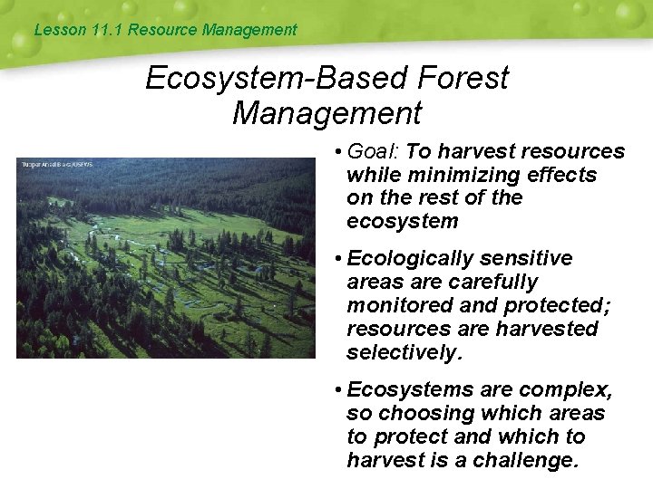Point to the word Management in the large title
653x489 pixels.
pyautogui.click(x=326, y=114)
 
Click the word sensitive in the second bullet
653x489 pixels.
pyautogui.click(x=514, y=259)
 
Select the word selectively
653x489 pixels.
pyautogui.click(x=404, y=352)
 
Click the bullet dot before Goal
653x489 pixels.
pyautogui.click(x=336, y=152)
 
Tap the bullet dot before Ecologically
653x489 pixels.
pyautogui.click(x=336, y=259)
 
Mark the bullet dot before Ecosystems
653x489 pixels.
pyautogui.click(x=336, y=390)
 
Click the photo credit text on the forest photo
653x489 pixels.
pyautogui.click(x=56, y=164)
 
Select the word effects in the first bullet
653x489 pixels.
pyautogui.click(x=563, y=175)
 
